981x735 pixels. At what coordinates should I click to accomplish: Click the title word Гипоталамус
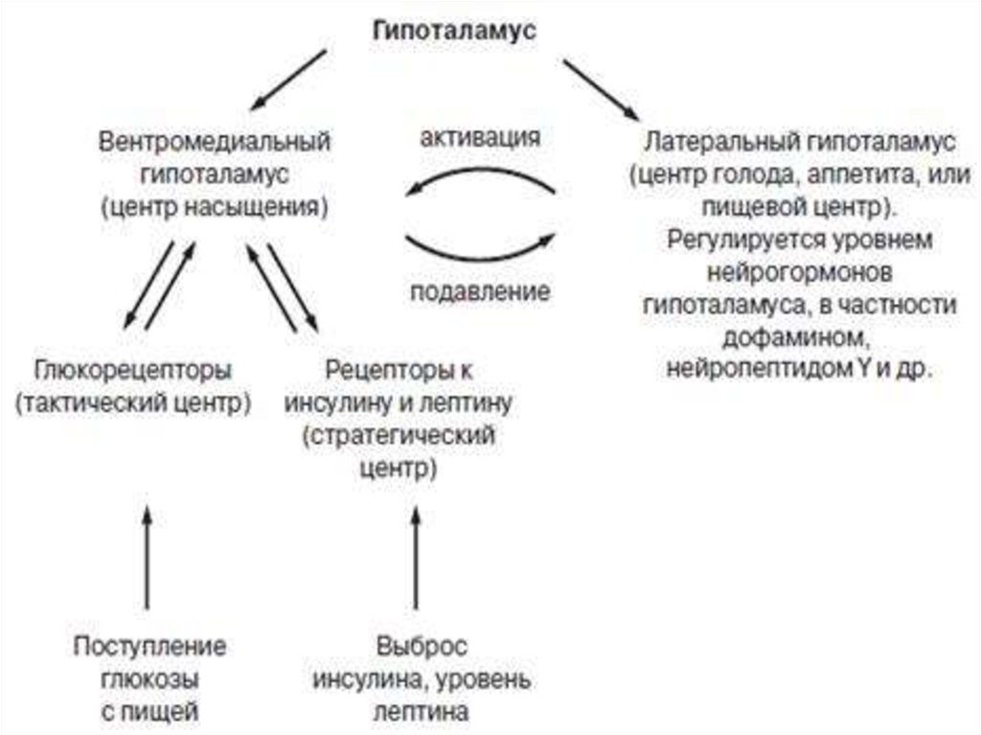[454, 30]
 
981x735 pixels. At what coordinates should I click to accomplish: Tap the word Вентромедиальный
[215, 141]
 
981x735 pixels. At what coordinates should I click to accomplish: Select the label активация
[481, 137]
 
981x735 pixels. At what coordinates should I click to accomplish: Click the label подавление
[481, 291]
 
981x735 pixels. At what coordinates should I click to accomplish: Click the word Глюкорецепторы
[132, 370]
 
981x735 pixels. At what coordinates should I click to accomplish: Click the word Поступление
[149, 646]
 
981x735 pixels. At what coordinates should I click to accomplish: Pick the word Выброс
[422, 646]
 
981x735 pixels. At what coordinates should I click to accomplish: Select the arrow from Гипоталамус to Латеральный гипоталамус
[602, 89]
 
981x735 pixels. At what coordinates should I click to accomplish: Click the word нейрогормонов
[800, 273]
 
